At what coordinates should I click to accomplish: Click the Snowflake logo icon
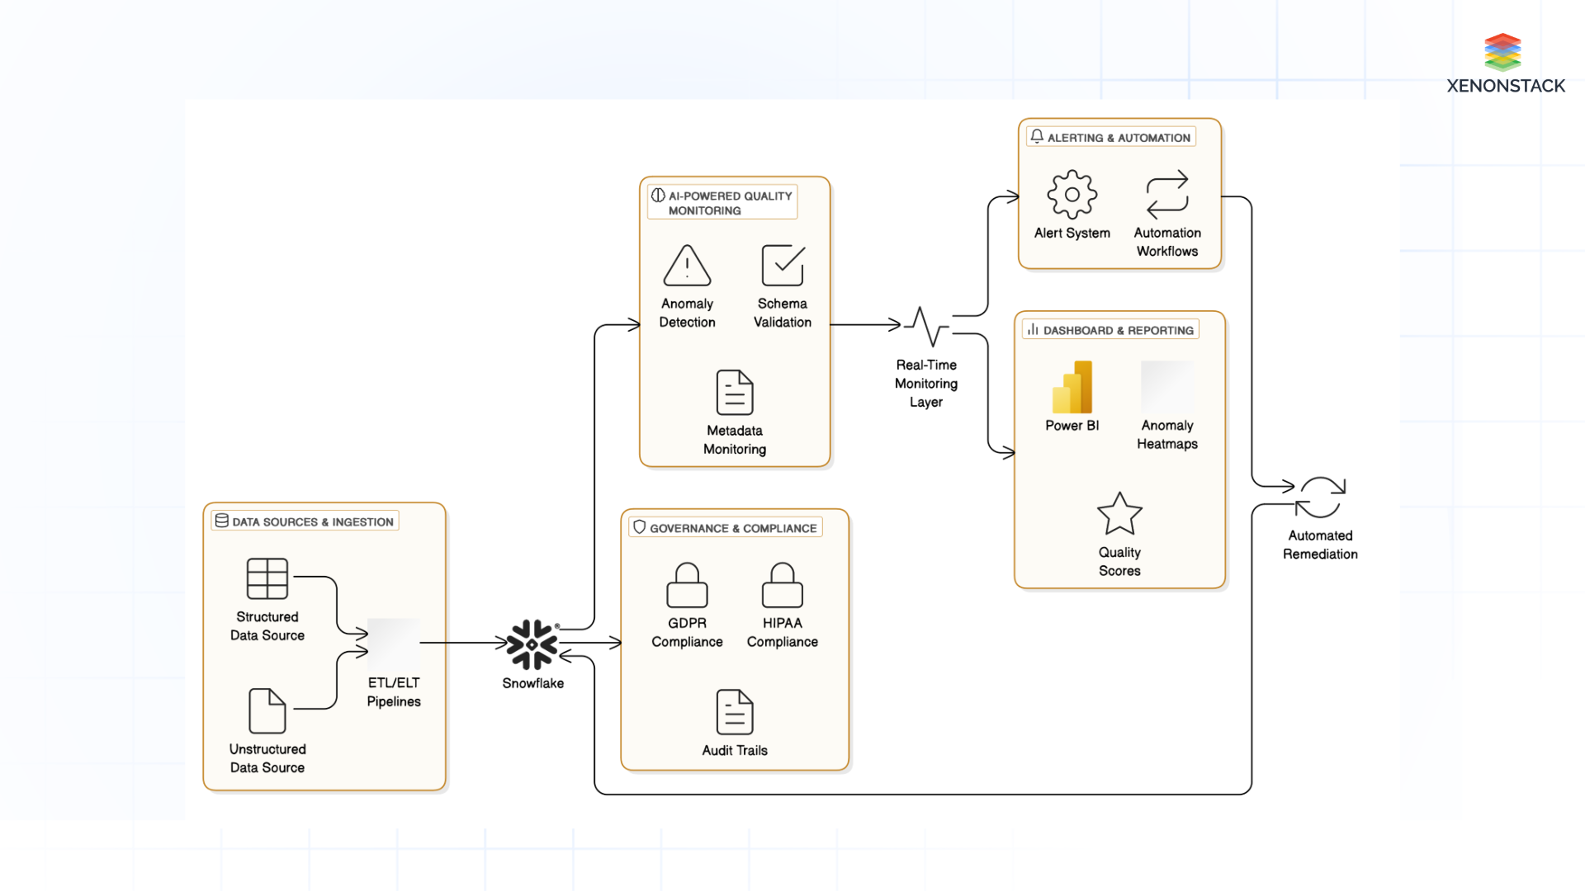pyautogui.click(x=532, y=644)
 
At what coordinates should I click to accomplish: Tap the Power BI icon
pyautogui.click(x=1072, y=387)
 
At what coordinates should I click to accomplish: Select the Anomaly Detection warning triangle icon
pyautogui.click(x=687, y=266)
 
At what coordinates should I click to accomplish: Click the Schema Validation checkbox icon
pyautogui.click(x=783, y=266)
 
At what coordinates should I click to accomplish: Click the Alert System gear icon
pyautogui.click(x=1072, y=195)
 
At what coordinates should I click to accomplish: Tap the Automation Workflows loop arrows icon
pyautogui.click(x=1167, y=195)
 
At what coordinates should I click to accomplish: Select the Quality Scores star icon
pyautogui.click(x=1119, y=514)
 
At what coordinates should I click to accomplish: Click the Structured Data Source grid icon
pyautogui.click(x=267, y=578)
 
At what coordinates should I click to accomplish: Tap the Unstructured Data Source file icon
pyautogui.click(x=267, y=710)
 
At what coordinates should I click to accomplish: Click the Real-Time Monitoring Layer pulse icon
pyautogui.click(x=927, y=327)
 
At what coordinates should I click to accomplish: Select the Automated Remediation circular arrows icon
pyautogui.click(x=1320, y=497)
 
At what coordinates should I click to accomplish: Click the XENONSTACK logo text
pyautogui.click(x=1506, y=86)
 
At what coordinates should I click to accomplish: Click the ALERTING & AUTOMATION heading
pyautogui.click(x=1119, y=138)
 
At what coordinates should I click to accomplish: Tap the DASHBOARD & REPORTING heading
pyautogui.click(x=1118, y=330)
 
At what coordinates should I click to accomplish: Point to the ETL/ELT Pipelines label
pyautogui.click(x=394, y=692)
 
